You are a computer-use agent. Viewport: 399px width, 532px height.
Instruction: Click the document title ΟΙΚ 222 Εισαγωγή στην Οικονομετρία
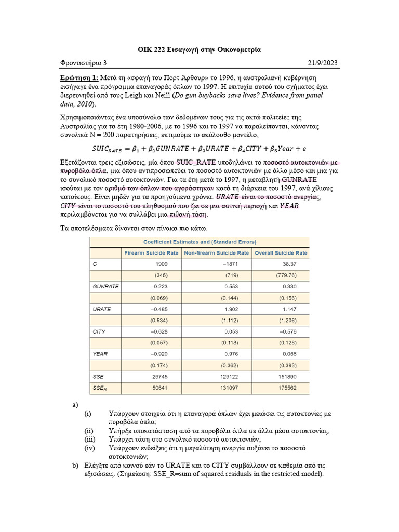[x=199, y=49]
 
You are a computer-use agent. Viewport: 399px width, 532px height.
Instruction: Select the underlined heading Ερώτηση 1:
[x=79, y=77]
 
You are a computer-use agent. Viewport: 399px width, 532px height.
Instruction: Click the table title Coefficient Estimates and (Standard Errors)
[x=199, y=242]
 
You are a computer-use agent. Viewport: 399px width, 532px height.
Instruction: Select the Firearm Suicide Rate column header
[x=151, y=253]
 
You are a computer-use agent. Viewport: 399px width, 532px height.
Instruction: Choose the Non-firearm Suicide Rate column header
[x=217, y=253]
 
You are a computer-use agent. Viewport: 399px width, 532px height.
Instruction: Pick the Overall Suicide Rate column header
[x=281, y=253]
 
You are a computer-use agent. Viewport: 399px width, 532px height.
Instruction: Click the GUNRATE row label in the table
[x=106, y=286]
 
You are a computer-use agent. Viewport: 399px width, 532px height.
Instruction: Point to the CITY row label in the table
[x=99, y=331]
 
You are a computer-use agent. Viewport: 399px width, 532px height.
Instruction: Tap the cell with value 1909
[x=161, y=264]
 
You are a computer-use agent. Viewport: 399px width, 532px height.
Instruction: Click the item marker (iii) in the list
[x=90, y=439]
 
